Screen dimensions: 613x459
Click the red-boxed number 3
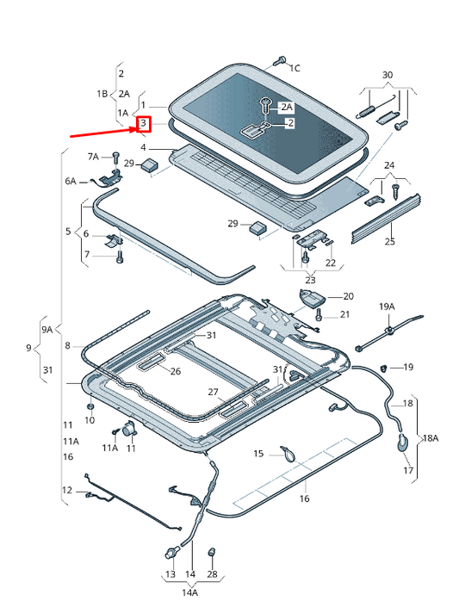point(144,125)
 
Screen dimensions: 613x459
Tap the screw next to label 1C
point(279,61)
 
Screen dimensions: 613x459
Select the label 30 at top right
point(388,75)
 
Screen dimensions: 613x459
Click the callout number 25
point(389,242)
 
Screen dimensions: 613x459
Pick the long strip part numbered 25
point(386,216)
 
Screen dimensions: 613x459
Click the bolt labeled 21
point(319,316)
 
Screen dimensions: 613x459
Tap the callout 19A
point(387,306)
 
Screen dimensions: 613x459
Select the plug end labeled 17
point(402,443)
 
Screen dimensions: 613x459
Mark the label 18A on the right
point(429,437)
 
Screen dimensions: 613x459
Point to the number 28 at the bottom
point(213,573)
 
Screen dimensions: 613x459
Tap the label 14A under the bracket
point(189,592)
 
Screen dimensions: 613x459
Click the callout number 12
point(67,490)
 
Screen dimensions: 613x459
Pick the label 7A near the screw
point(94,156)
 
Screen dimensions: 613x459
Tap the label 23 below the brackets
point(310,279)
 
